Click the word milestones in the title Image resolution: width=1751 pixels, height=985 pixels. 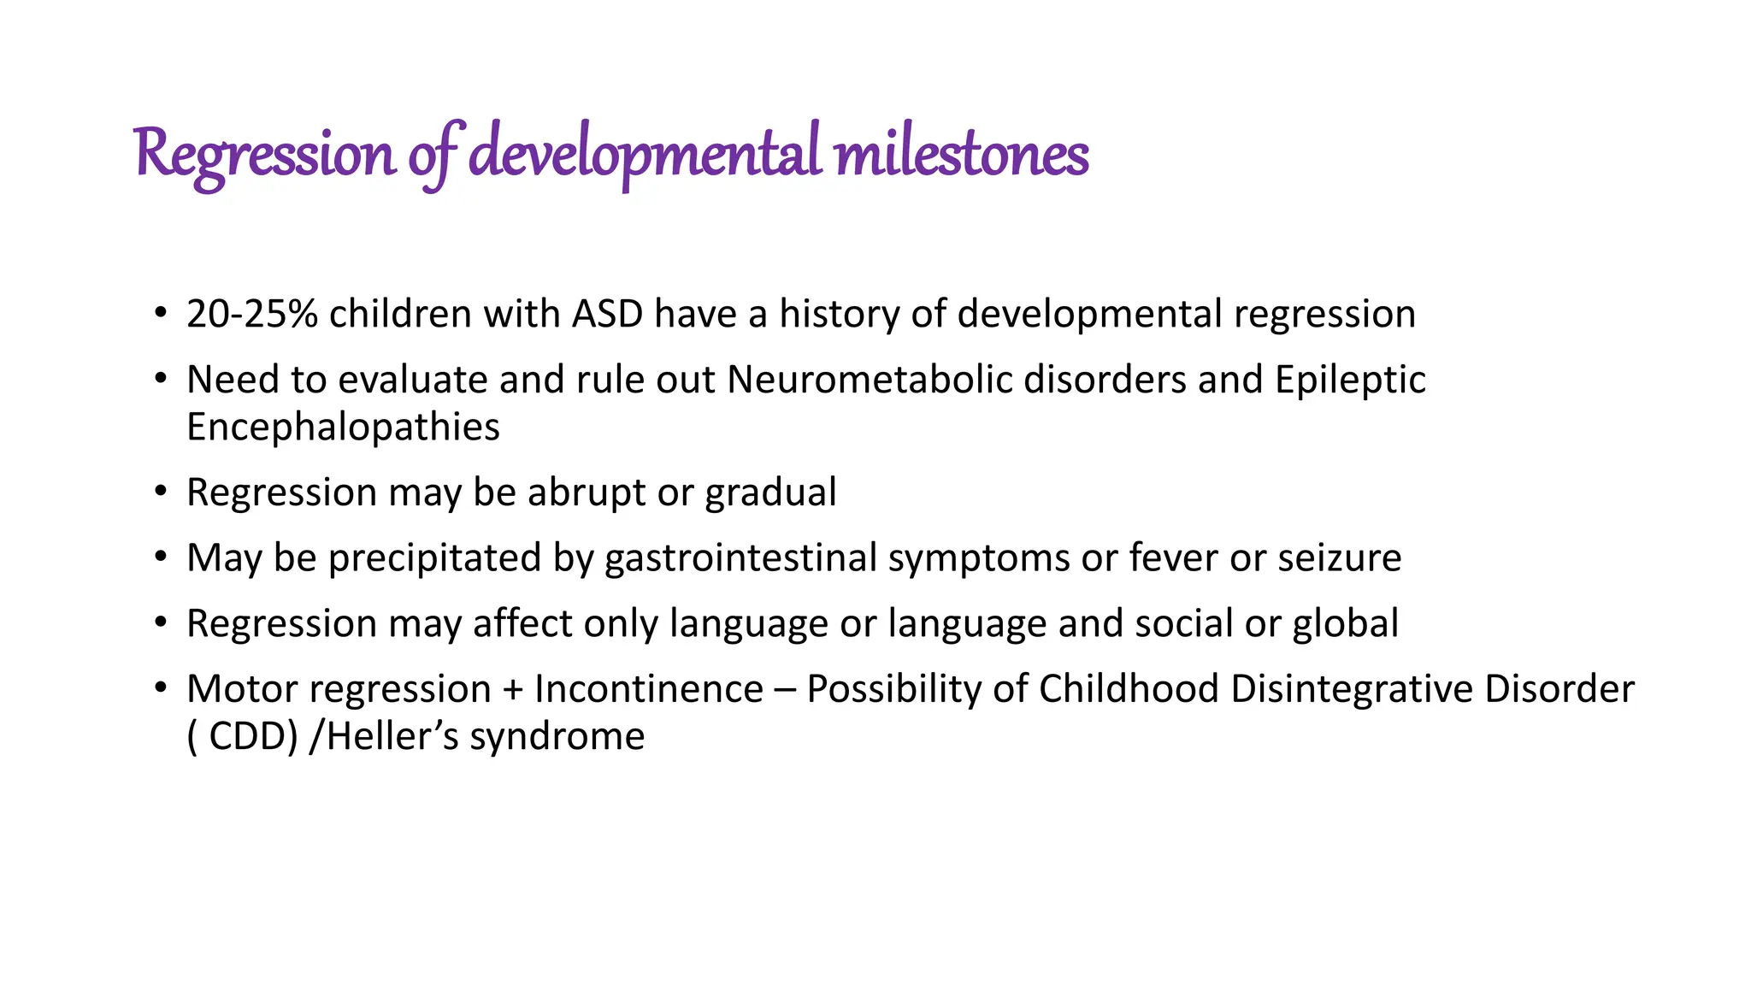click(961, 156)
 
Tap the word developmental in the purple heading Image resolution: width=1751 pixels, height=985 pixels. click(645, 156)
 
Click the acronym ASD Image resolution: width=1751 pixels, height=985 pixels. click(607, 314)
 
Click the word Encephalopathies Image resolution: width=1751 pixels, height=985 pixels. click(343, 427)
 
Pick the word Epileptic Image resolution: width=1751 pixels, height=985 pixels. click(1350, 380)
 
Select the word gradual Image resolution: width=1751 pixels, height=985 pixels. click(770, 492)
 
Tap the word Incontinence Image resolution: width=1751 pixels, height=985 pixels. click(649, 689)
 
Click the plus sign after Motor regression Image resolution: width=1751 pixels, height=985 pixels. click(513, 690)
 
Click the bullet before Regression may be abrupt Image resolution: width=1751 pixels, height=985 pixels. click(161, 492)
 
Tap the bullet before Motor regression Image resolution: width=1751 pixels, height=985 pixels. click(161, 689)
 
